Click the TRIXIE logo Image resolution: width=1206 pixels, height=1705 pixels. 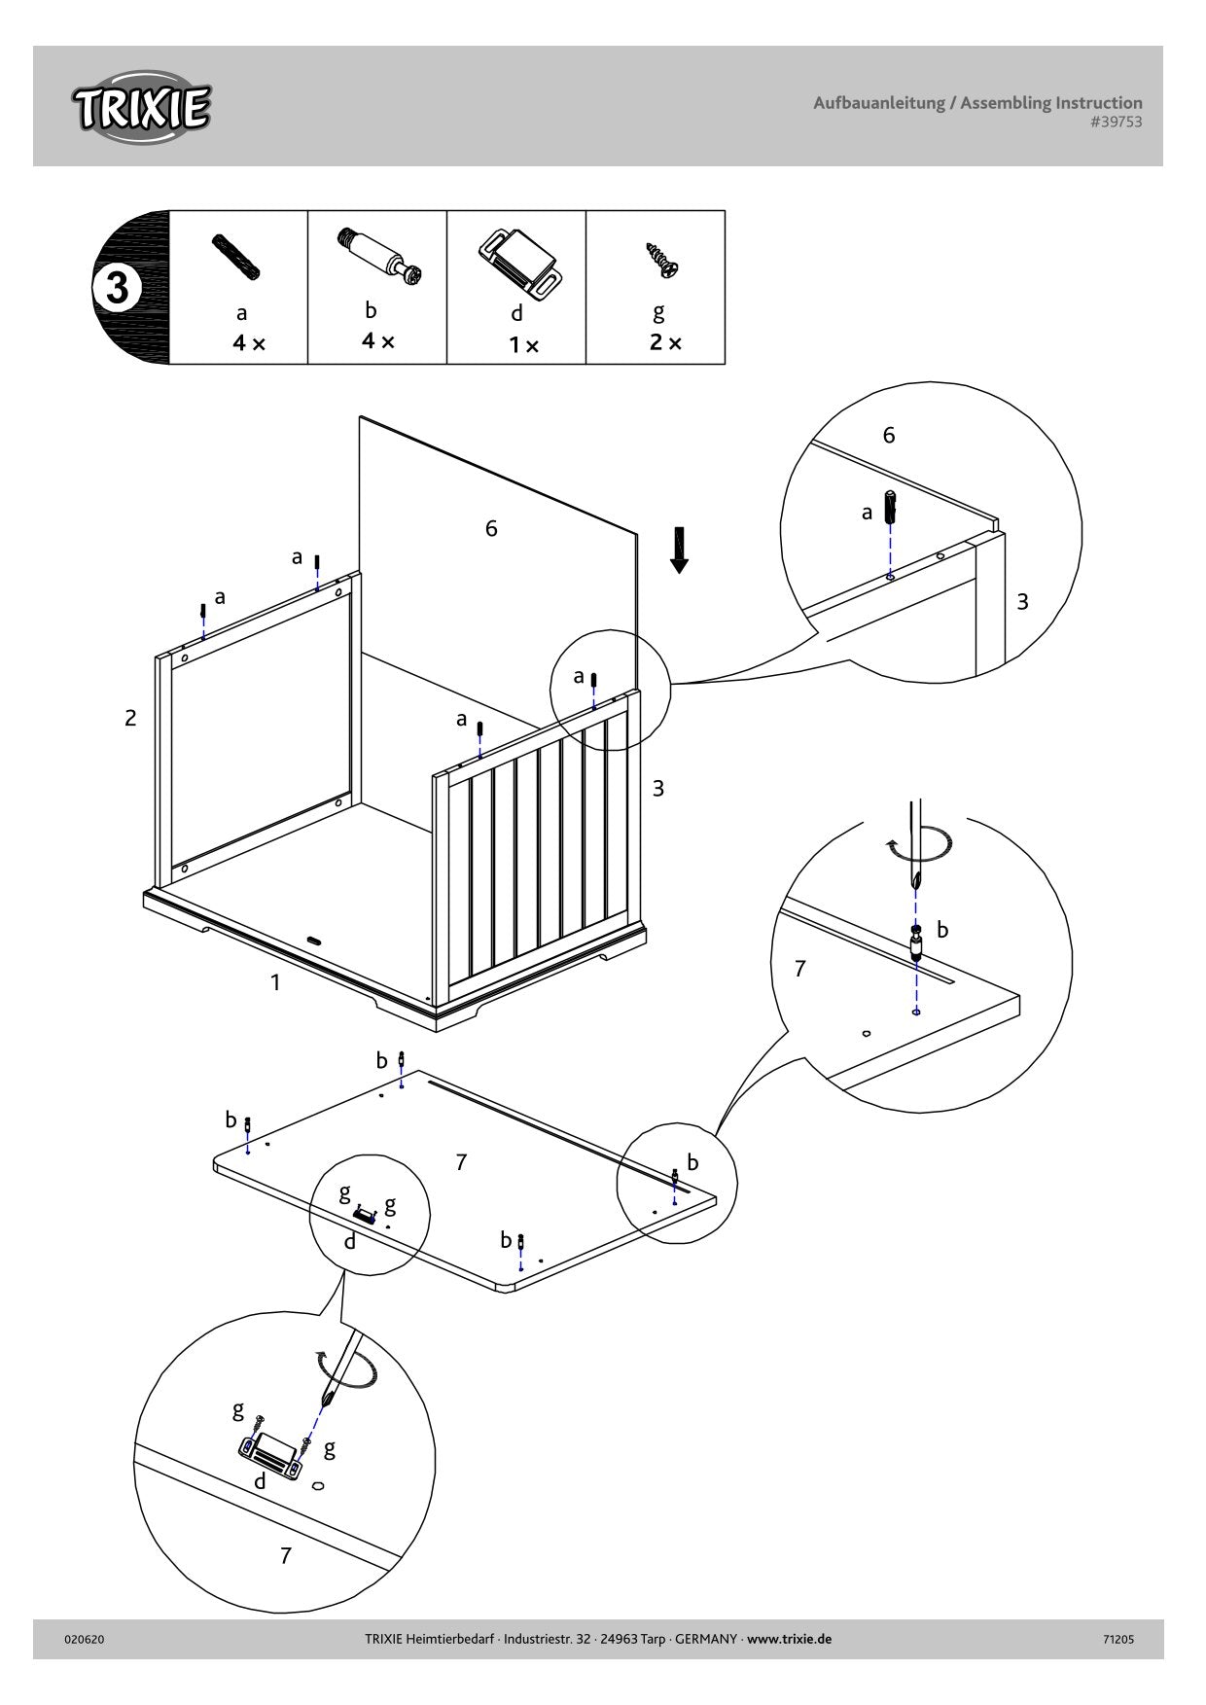click(140, 107)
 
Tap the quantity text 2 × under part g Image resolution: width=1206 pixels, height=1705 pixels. click(666, 342)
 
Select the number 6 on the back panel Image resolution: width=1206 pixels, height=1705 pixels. click(491, 528)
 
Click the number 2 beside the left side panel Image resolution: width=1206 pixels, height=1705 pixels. click(130, 719)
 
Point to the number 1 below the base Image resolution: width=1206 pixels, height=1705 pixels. click(275, 982)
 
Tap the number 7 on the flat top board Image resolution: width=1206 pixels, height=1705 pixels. click(461, 1161)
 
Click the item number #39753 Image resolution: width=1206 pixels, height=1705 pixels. click(1116, 123)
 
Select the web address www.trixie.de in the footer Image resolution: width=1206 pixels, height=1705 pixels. click(790, 1639)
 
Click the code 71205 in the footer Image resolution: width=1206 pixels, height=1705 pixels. click(1117, 1639)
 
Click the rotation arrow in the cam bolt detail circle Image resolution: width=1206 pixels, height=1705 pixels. click(919, 844)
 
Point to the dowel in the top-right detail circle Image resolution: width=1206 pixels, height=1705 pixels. click(889, 507)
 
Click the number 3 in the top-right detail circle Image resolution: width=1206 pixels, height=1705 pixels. click(1022, 602)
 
